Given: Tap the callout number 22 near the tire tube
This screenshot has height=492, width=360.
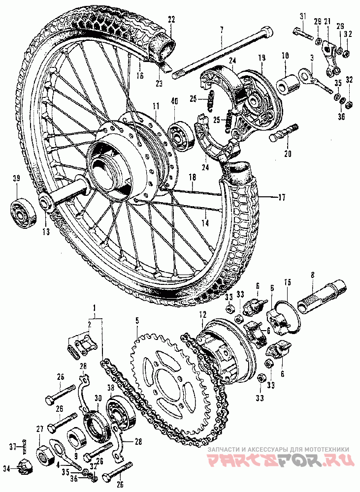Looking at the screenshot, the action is pyautogui.click(x=171, y=20).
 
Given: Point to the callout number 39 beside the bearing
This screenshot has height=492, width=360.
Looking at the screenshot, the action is pyautogui.click(x=16, y=179).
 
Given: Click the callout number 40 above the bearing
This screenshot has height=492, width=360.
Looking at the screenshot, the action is pyautogui.click(x=175, y=101).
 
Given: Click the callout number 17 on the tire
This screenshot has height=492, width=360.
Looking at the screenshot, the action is pyautogui.click(x=281, y=197).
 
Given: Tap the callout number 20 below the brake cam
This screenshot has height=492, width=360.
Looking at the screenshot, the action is pyautogui.click(x=288, y=154).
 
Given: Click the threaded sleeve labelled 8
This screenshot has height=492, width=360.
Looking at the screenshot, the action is pyautogui.click(x=322, y=297).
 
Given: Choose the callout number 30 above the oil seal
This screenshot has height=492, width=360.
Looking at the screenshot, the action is pyautogui.click(x=98, y=398).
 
